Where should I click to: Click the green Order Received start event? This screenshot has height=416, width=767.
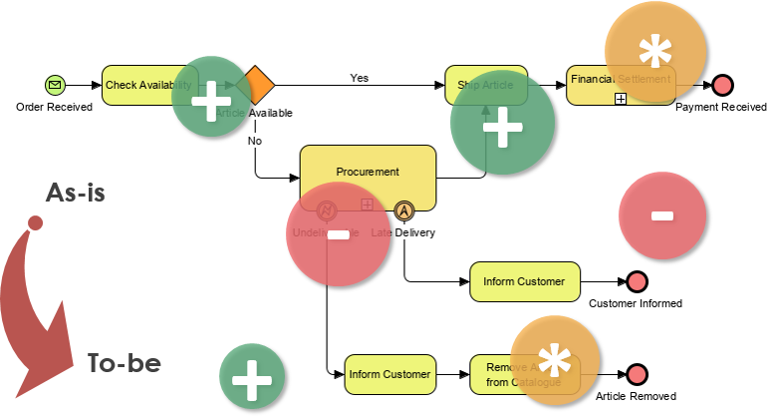tap(55, 86)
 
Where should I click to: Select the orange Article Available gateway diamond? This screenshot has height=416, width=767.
tap(256, 86)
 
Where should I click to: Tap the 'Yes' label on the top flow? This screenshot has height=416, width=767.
tap(359, 77)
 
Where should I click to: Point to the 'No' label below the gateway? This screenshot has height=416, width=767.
tap(255, 141)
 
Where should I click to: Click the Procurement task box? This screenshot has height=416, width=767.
tap(368, 173)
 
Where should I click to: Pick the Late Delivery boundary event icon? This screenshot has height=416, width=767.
tap(403, 210)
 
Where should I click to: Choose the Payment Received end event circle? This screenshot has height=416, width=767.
tap(722, 86)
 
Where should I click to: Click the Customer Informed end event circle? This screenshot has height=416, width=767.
tap(637, 282)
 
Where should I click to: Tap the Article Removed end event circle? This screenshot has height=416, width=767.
tap(637, 375)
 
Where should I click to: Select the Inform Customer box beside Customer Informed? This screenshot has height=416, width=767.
tap(524, 282)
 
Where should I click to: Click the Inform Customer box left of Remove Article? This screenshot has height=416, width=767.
tap(389, 375)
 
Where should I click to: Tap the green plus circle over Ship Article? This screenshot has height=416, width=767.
tap(502, 126)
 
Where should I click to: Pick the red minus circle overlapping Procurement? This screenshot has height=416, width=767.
tap(338, 235)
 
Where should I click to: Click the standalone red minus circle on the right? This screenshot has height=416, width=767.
tap(662, 215)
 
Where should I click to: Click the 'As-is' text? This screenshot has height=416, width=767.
tap(76, 194)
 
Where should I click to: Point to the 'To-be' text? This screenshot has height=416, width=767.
tap(124, 362)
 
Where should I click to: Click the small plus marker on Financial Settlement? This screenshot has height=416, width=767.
tap(620, 98)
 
